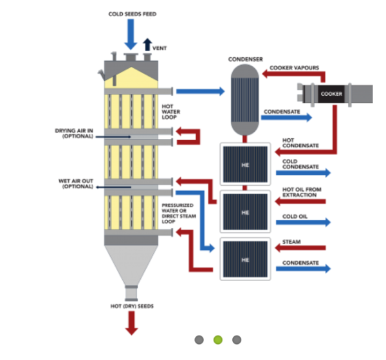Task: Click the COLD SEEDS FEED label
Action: (131, 14)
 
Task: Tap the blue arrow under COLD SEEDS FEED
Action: (131, 35)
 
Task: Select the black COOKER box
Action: (331, 94)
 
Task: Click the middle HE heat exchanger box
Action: (245, 212)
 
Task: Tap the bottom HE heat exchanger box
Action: (245, 259)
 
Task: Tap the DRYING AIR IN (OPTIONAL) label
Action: (74, 133)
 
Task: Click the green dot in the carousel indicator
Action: (217, 339)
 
